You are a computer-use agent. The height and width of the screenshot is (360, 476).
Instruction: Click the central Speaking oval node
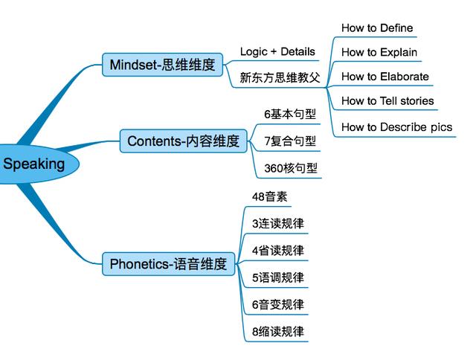[36, 164]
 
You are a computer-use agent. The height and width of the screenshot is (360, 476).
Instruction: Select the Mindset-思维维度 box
[162, 65]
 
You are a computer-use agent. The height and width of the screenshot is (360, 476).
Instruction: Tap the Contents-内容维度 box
[184, 141]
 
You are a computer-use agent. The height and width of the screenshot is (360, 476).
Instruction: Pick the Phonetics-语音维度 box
[169, 264]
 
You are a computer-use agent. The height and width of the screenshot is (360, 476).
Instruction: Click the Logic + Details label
[277, 51]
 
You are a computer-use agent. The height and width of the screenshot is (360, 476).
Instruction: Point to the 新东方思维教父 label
[280, 77]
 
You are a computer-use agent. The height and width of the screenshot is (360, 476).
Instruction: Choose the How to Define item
[377, 28]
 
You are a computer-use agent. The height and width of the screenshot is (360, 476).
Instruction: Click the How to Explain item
[379, 52]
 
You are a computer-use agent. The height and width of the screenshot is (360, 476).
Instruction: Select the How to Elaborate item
[385, 77]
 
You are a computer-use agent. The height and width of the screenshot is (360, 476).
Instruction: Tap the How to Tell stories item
[387, 100]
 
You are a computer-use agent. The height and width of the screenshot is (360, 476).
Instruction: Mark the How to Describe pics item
[396, 127]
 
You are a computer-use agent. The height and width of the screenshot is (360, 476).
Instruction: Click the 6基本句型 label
[290, 114]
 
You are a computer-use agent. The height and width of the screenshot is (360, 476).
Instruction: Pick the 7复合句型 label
[290, 141]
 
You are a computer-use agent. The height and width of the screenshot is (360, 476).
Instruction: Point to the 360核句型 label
[291, 168]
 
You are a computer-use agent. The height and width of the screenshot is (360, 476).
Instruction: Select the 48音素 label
[269, 196]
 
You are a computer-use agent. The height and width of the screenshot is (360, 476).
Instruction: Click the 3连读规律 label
[277, 224]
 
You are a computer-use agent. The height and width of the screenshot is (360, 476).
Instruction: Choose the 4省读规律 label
[277, 251]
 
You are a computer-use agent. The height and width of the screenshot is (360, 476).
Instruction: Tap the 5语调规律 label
[277, 277]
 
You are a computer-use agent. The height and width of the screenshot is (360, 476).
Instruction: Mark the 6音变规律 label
[277, 305]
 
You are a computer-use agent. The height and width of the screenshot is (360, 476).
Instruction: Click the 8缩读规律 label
[277, 332]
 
